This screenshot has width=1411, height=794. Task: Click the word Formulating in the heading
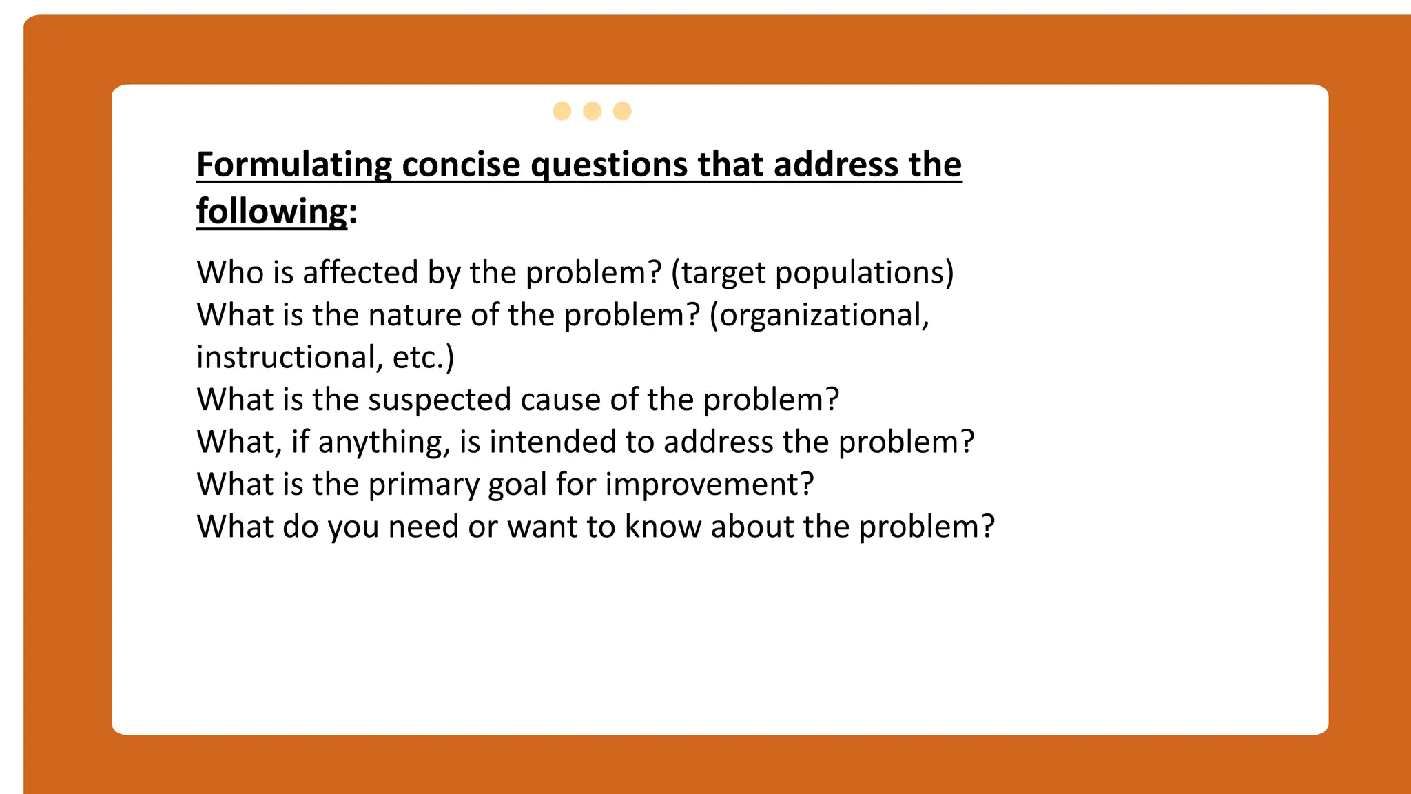[x=293, y=165]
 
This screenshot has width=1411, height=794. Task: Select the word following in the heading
[x=271, y=212]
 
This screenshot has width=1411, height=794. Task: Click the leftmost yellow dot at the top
[x=562, y=111]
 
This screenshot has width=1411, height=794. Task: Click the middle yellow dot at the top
[x=592, y=111]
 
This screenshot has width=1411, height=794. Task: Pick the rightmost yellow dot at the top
[x=622, y=111]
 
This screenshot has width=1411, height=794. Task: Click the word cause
[x=560, y=400]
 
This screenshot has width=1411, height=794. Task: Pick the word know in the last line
[x=663, y=527]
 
